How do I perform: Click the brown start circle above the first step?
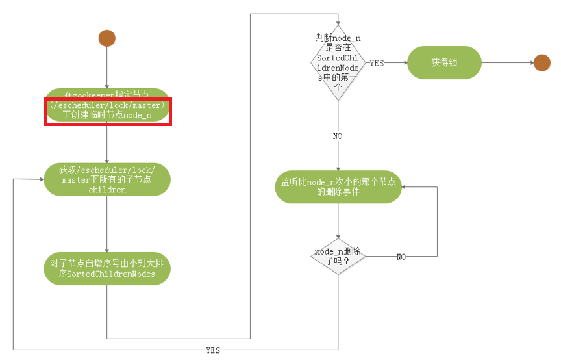(x=107, y=38)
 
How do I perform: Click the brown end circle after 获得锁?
(x=542, y=62)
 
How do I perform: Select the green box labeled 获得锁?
(x=444, y=63)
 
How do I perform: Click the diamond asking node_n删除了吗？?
(x=338, y=257)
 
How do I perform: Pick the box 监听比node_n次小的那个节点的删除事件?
(x=338, y=186)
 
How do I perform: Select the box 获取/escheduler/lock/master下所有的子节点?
(x=107, y=179)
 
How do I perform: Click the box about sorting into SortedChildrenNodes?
(x=107, y=268)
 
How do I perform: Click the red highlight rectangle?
(x=107, y=112)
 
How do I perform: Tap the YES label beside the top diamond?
(x=376, y=64)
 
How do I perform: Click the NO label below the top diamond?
(x=338, y=136)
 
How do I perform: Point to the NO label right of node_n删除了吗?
(x=401, y=257)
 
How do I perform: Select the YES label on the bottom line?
(x=212, y=350)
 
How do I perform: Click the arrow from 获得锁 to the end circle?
(x=506, y=63)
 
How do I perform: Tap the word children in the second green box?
(x=107, y=191)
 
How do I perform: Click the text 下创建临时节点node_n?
(x=107, y=115)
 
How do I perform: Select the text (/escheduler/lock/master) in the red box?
(x=107, y=105)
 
